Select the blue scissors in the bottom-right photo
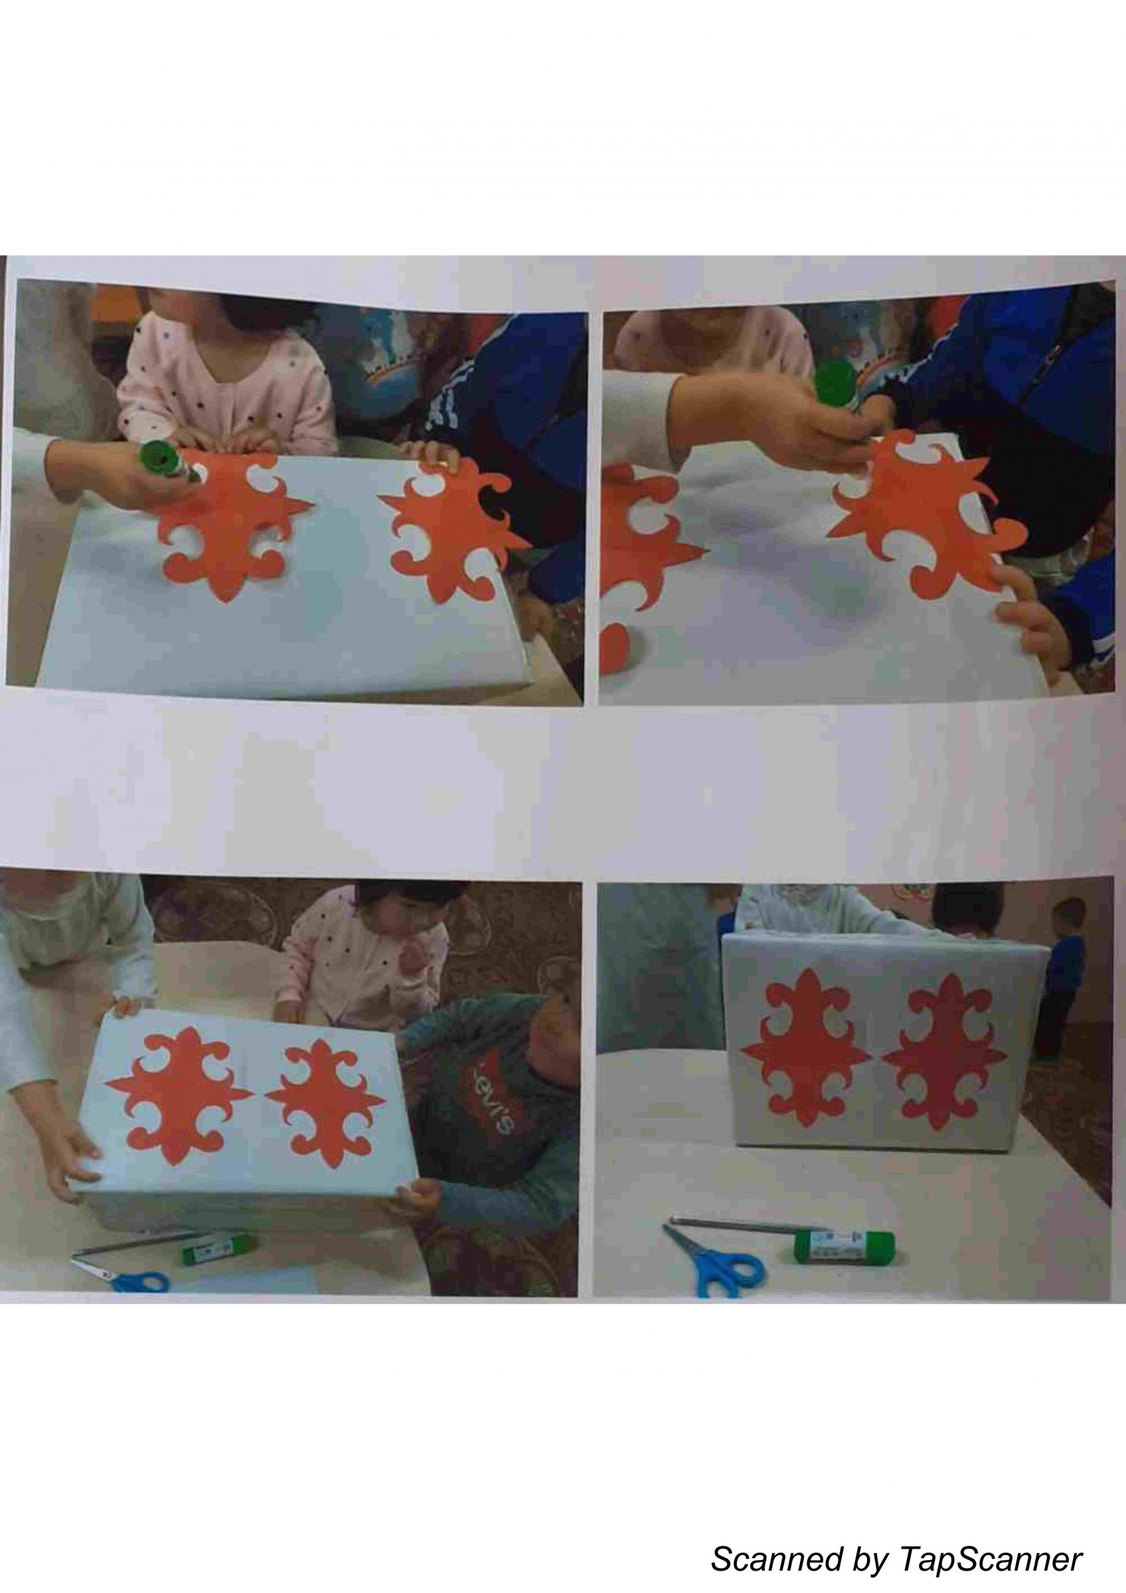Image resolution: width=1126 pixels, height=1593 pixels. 715,1256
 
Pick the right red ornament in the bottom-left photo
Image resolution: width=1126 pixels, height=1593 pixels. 325,1103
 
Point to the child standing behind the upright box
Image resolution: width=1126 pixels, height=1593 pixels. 1061,975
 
